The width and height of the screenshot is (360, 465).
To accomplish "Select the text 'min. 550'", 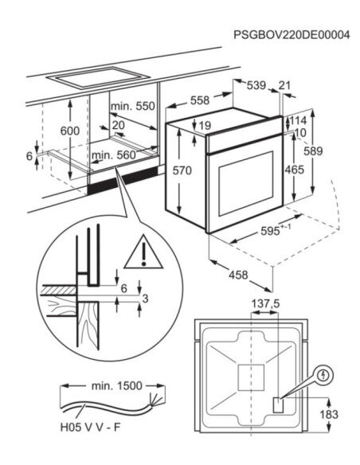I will coord(133,106).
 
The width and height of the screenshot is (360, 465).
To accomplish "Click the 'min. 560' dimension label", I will coord(113,155).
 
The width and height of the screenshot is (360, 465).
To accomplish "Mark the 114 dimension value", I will coord(298,121).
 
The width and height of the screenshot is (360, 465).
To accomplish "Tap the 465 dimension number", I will coord(295,170).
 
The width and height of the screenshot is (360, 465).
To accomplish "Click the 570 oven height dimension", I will coord(183,170).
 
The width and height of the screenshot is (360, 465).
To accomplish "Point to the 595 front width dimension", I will coord(272,230).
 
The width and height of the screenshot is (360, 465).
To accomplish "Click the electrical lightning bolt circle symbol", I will coord(323,373).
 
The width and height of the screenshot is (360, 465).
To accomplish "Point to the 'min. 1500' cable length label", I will coord(116,385).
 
